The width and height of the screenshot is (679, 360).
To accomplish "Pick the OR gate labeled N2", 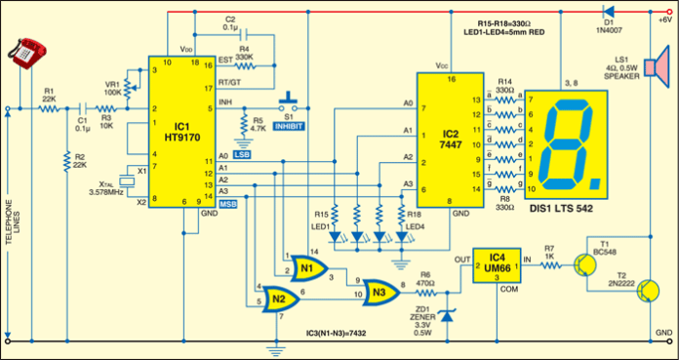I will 280,298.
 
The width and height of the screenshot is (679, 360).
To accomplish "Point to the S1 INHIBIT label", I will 290,126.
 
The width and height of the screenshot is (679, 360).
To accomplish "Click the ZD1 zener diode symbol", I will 447,315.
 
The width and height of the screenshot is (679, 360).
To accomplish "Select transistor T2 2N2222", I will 641,292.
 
